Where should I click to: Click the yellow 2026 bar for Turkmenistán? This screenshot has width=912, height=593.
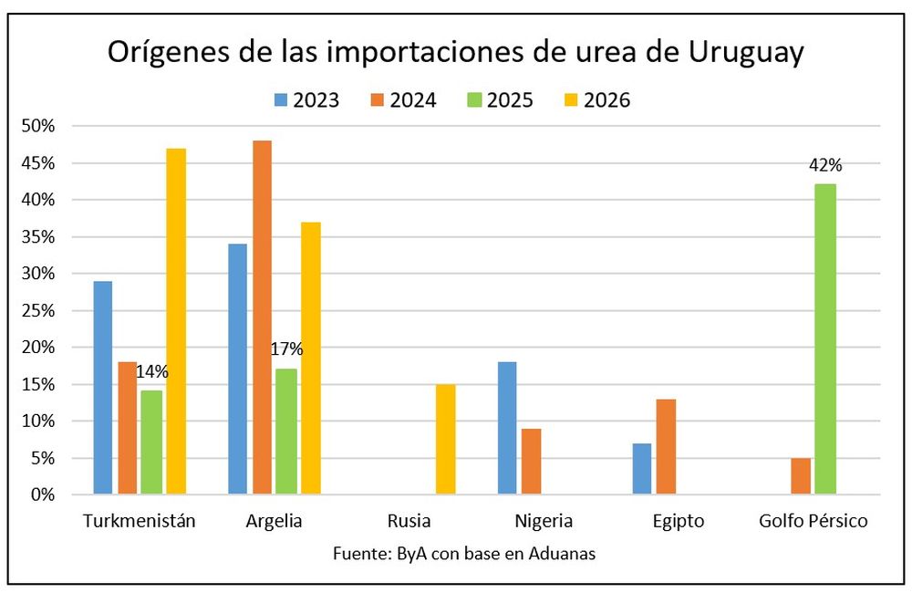(176, 321)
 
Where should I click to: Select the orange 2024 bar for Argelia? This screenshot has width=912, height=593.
(262, 317)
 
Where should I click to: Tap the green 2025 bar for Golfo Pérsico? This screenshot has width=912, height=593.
(825, 339)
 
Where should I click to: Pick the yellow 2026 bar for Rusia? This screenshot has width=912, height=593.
(445, 440)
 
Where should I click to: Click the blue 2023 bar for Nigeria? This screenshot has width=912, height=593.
(507, 429)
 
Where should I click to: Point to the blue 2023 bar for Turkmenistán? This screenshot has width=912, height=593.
(103, 388)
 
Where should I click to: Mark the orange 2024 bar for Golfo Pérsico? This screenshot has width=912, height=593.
(801, 476)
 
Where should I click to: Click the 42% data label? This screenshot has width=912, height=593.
(825, 166)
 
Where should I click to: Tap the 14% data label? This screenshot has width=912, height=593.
(152, 371)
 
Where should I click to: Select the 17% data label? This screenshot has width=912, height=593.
(286, 349)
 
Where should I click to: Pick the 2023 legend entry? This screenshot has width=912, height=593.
(305, 100)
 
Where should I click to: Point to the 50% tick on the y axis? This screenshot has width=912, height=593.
(40, 126)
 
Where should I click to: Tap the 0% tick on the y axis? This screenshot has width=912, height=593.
(45, 495)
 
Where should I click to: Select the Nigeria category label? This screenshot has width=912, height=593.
(543, 522)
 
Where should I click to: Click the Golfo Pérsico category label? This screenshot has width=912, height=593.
(813, 522)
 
